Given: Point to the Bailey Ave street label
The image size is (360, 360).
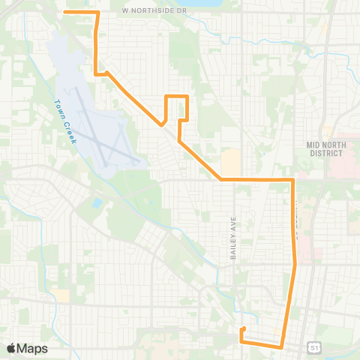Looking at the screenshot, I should (233, 239).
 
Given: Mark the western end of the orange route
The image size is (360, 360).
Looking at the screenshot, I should (65, 12).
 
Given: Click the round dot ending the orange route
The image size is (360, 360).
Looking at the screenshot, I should (242, 329).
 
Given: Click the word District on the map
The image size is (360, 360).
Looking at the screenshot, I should (324, 153).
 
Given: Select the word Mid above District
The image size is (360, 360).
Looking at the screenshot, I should (313, 143).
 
